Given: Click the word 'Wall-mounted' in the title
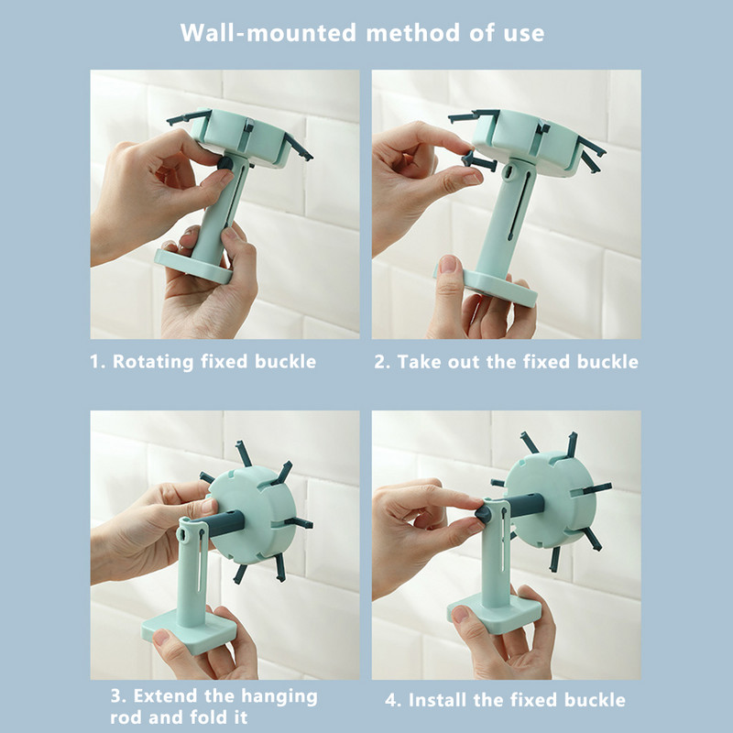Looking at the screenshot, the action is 268,33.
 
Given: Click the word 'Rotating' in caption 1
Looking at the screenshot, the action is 153,362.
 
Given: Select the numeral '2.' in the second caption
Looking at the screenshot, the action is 382,362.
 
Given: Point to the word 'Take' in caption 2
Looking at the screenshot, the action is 419,362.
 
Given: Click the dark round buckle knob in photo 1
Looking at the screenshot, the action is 225,163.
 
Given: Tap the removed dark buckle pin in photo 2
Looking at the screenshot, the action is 477,161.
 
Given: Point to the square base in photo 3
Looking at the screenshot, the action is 189,631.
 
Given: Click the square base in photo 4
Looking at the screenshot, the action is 495,613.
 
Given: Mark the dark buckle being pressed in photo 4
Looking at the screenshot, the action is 484,514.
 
